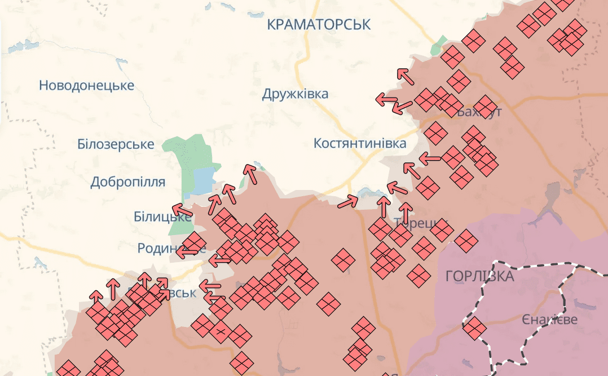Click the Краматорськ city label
(x=319, y=24)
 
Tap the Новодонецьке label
(x=86, y=85)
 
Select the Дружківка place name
(x=295, y=94)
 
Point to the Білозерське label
(x=116, y=144)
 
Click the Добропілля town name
(x=128, y=182)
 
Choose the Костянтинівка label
(x=360, y=143)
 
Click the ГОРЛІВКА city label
(x=479, y=276)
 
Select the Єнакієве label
(x=549, y=320)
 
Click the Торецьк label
(x=420, y=222)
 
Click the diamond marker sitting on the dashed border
(x=474, y=328)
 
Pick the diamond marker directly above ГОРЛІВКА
(x=466, y=241)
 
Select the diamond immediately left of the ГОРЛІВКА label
(x=418, y=275)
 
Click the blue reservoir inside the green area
(x=204, y=179)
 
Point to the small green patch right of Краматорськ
(x=439, y=45)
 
